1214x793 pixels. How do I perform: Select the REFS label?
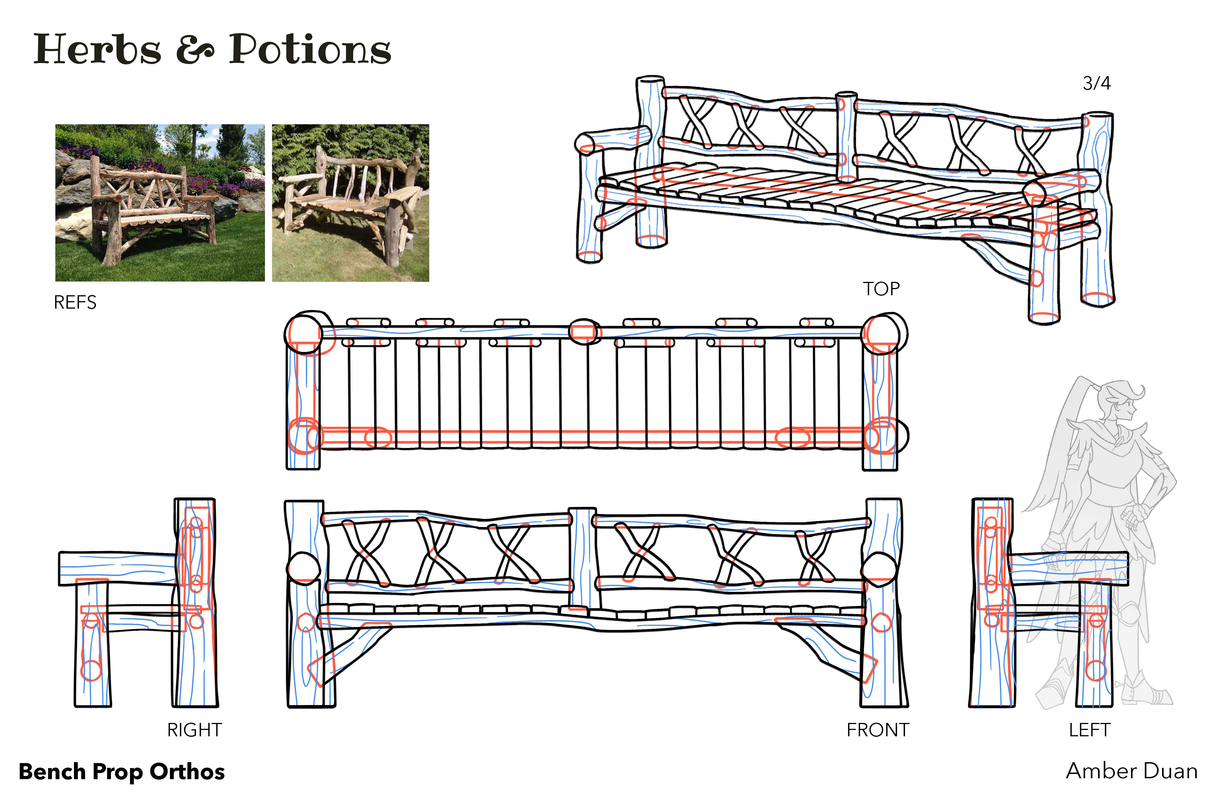pyautogui.click(x=75, y=303)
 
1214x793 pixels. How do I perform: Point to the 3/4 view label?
pyautogui.click(x=1097, y=83)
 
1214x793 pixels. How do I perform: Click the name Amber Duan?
pyautogui.click(x=1131, y=771)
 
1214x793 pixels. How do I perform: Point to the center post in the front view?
pyautogui.click(x=582, y=559)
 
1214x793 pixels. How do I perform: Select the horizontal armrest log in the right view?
pyautogui.click(x=117, y=568)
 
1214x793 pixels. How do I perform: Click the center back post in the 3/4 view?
pyautogui.click(x=846, y=137)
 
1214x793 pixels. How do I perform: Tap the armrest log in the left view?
pyautogui.click(x=1069, y=568)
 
